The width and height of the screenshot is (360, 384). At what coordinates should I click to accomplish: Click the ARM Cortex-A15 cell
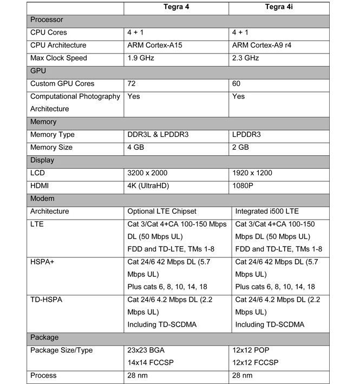click(x=155, y=45)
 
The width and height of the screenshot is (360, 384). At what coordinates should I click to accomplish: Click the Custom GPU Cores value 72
click(x=132, y=83)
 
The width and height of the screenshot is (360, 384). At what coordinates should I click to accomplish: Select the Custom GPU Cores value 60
click(x=237, y=83)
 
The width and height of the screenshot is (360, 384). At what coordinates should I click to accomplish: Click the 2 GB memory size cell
click(x=240, y=147)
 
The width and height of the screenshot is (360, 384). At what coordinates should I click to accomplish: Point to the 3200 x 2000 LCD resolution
click(x=147, y=173)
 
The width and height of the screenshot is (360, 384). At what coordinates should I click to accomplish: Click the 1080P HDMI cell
click(x=245, y=186)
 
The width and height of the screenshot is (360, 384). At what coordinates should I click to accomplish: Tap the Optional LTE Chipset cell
click(x=162, y=211)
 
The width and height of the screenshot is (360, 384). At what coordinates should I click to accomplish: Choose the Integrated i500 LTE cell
click(x=267, y=211)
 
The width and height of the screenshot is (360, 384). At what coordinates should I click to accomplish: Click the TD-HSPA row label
click(x=47, y=299)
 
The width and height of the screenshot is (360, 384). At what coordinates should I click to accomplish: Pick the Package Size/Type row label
click(x=61, y=350)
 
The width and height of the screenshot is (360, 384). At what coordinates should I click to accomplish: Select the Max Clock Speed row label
click(x=59, y=58)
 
